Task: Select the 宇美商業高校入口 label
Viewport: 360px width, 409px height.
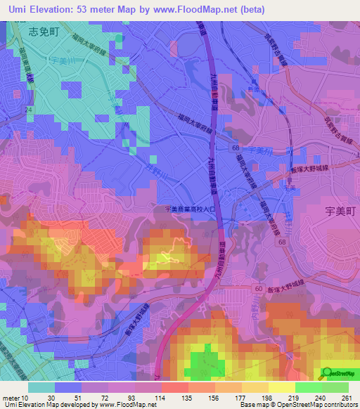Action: tap(190, 209)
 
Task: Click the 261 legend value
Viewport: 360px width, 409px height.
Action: tap(346, 398)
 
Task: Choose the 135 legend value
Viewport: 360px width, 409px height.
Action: tap(186, 398)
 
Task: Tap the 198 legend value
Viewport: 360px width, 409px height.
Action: tap(266, 398)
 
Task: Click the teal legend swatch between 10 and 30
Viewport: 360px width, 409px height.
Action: tap(41, 387)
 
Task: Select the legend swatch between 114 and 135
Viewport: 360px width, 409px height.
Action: tap(174, 387)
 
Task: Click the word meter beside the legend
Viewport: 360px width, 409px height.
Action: tap(10, 398)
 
